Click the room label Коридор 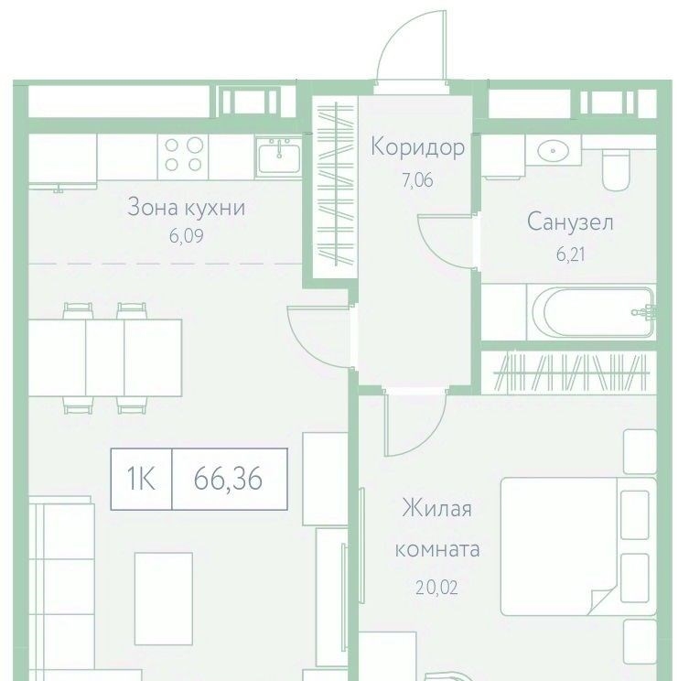click(x=417, y=147)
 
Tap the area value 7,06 click(x=417, y=180)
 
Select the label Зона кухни click(x=186, y=208)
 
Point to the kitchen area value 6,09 click(x=187, y=236)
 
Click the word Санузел click(x=570, y=222)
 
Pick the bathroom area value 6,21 click(x=570, y=254)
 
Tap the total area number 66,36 click(x=228, y=479)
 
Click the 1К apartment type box click(x=141, y=479)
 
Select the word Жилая click(x=436, y=509)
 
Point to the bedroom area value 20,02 click(x=436, y=588)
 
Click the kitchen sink click(x=279, y=157)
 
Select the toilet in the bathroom click(x=617, y=169)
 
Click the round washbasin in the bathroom click(x=553, y=151)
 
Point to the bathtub click(x=593, y=312)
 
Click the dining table click(x=105, y=358)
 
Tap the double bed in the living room click(x=578, y=546)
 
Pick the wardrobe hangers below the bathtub click(x=571, y=373)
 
